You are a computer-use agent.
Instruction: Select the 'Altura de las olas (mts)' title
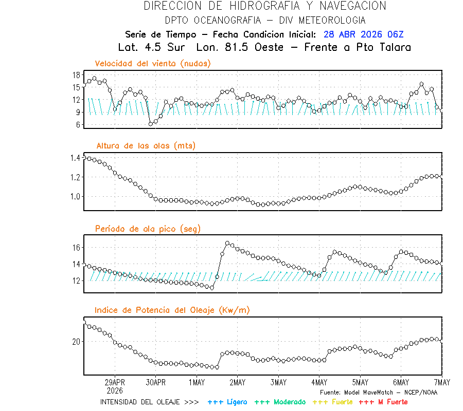146,146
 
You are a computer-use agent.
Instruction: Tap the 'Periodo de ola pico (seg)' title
148,229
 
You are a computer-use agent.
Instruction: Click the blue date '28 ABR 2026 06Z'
364,34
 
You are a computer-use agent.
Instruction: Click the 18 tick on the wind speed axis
76,75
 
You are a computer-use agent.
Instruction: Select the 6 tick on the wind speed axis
78,125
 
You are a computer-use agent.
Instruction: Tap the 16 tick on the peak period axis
76,248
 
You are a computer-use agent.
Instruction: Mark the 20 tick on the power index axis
76,342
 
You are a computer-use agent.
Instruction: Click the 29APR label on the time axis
115,383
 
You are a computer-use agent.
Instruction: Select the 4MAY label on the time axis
319,383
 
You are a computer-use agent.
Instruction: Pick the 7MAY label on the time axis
441,383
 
